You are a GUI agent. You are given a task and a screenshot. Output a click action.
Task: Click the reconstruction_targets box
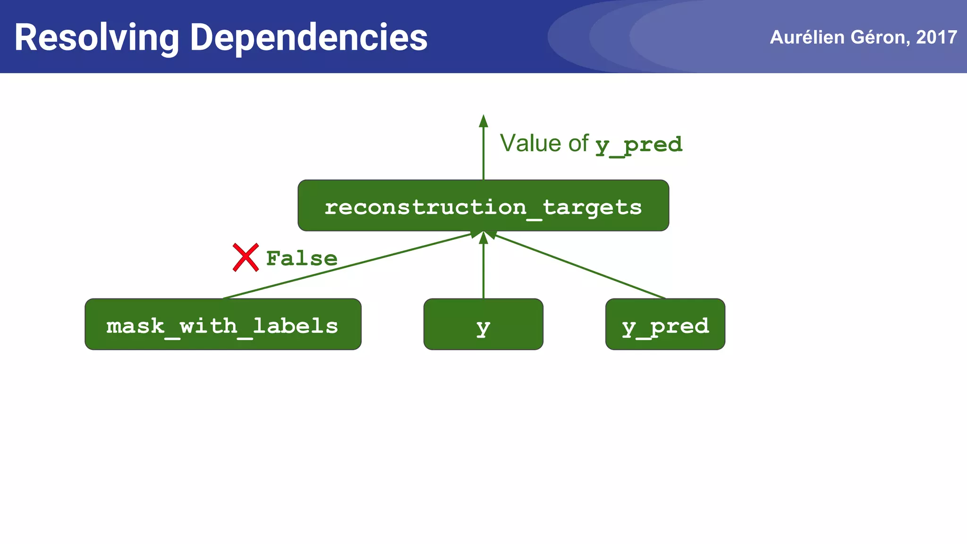483,205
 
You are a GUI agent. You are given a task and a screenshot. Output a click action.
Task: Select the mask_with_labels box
223,324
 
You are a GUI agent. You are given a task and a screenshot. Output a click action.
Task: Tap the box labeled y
483,324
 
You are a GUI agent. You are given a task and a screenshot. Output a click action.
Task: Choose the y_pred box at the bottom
665,324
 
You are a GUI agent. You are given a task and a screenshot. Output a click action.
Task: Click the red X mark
246,257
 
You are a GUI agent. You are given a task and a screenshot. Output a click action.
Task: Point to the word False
302,258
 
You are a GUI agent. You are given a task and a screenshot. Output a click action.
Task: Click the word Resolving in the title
97,38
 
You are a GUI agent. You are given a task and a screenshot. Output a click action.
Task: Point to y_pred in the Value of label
638,144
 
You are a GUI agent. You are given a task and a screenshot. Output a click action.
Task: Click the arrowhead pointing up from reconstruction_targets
483,121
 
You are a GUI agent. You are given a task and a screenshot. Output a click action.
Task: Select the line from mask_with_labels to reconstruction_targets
347,266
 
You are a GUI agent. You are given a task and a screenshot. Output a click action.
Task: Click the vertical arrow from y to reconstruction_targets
483,269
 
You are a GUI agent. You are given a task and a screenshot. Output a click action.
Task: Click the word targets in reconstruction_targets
592,207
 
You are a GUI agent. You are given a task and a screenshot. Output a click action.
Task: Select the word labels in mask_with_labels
296,326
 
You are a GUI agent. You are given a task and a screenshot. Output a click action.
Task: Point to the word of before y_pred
578,143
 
